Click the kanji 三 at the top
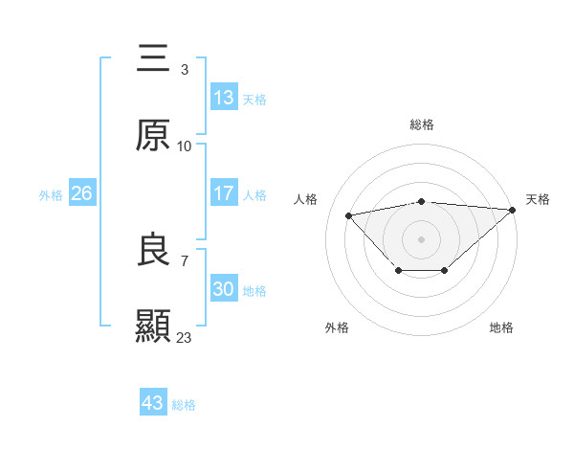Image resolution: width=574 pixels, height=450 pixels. click(x=153, y=59)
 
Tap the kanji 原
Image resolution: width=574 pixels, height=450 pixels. click(x=153, y=136)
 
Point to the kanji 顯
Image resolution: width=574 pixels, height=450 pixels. click(x=153, y=326)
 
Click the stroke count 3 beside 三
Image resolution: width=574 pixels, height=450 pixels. click(x=184, y=70)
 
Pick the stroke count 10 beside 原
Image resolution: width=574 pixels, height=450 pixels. click(x=184, y=146)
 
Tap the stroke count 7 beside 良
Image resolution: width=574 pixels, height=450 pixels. click(x=184, y=259)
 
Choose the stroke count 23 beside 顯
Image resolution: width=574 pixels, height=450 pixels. click(x=184, y=337)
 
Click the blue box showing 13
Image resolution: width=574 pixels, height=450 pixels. click(x=224, y=98)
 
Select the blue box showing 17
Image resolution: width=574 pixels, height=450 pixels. click(x=224, y=193)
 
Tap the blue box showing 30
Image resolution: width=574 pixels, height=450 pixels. click(x=224, y=289)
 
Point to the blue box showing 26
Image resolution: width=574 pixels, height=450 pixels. click(x=82, y=193)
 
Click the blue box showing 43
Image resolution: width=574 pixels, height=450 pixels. click(x=153, y=403)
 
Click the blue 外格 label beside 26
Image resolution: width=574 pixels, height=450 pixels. click(x=51, y=194)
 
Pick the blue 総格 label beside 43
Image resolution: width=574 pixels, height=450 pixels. click(x=184, y=405)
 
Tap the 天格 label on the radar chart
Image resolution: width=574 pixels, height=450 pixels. click(x=538, y=199)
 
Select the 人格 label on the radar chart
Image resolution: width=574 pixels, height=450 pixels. click(x=307, y=199)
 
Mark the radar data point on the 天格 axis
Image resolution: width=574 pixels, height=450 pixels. click(x=513, y=210)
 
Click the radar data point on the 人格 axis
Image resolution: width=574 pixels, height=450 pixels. click(x=349, y=214)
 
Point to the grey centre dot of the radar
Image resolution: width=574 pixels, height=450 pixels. click(x=421, y=237)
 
